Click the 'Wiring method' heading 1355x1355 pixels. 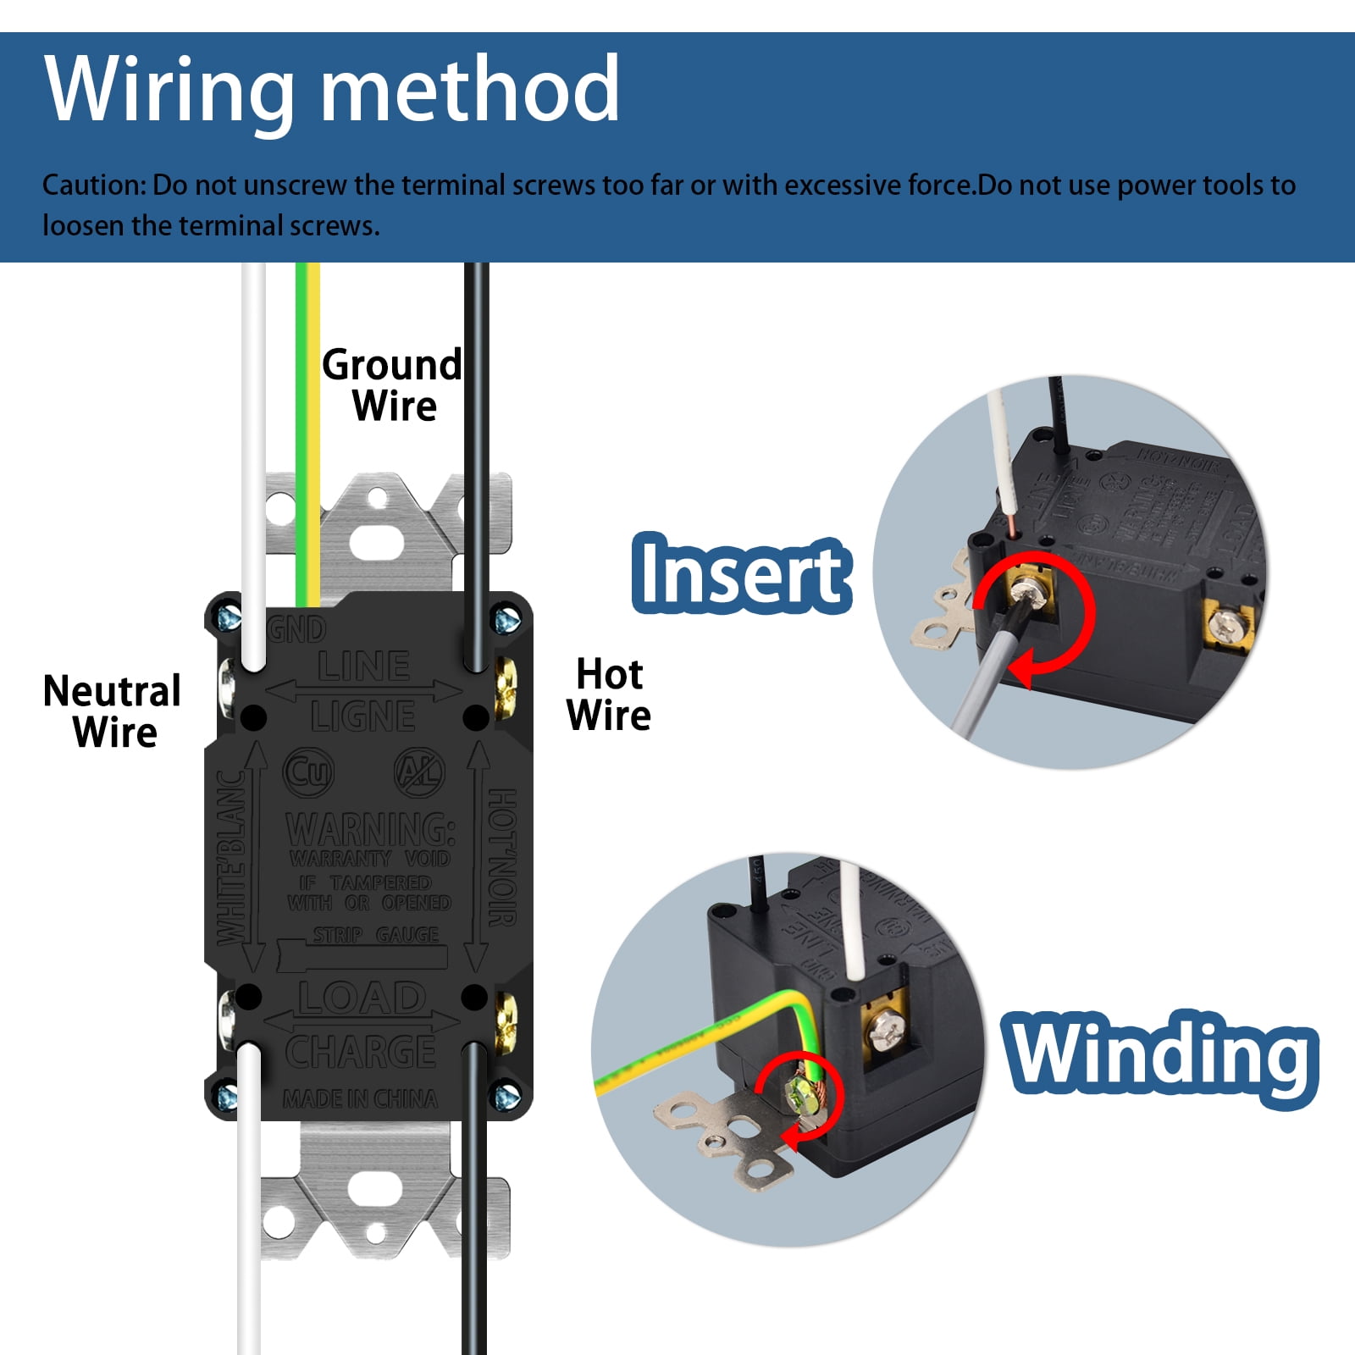click(331, 90)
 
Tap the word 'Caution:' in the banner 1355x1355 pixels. click(95, 185)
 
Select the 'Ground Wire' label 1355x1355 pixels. click(392, 385)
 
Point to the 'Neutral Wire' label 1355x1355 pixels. click(113, 712)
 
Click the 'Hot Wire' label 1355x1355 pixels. click(609, 694)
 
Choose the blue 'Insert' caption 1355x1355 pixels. click(741, 574)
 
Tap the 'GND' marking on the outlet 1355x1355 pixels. click(296, 629)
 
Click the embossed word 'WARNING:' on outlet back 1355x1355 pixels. click(371, 828)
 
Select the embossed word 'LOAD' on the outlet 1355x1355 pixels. click(362, 998)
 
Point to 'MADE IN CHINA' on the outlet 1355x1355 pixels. click(361, 1099)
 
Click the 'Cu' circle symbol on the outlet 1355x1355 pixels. click(308, 772)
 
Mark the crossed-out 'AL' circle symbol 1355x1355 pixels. click(419, 772)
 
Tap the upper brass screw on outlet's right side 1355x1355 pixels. click(505, 677)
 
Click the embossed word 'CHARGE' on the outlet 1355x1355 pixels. click(361, 1052)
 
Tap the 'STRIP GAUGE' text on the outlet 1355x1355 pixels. click(376, 935)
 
